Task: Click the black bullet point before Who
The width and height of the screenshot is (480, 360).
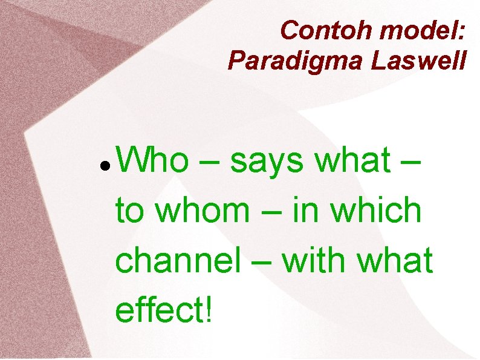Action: tap(105, 165)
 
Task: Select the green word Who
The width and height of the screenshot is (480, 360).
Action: tap(152, 161)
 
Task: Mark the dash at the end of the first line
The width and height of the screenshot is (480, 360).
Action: tap(409, 163)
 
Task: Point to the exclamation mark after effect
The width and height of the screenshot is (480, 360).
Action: tap(209, 310)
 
